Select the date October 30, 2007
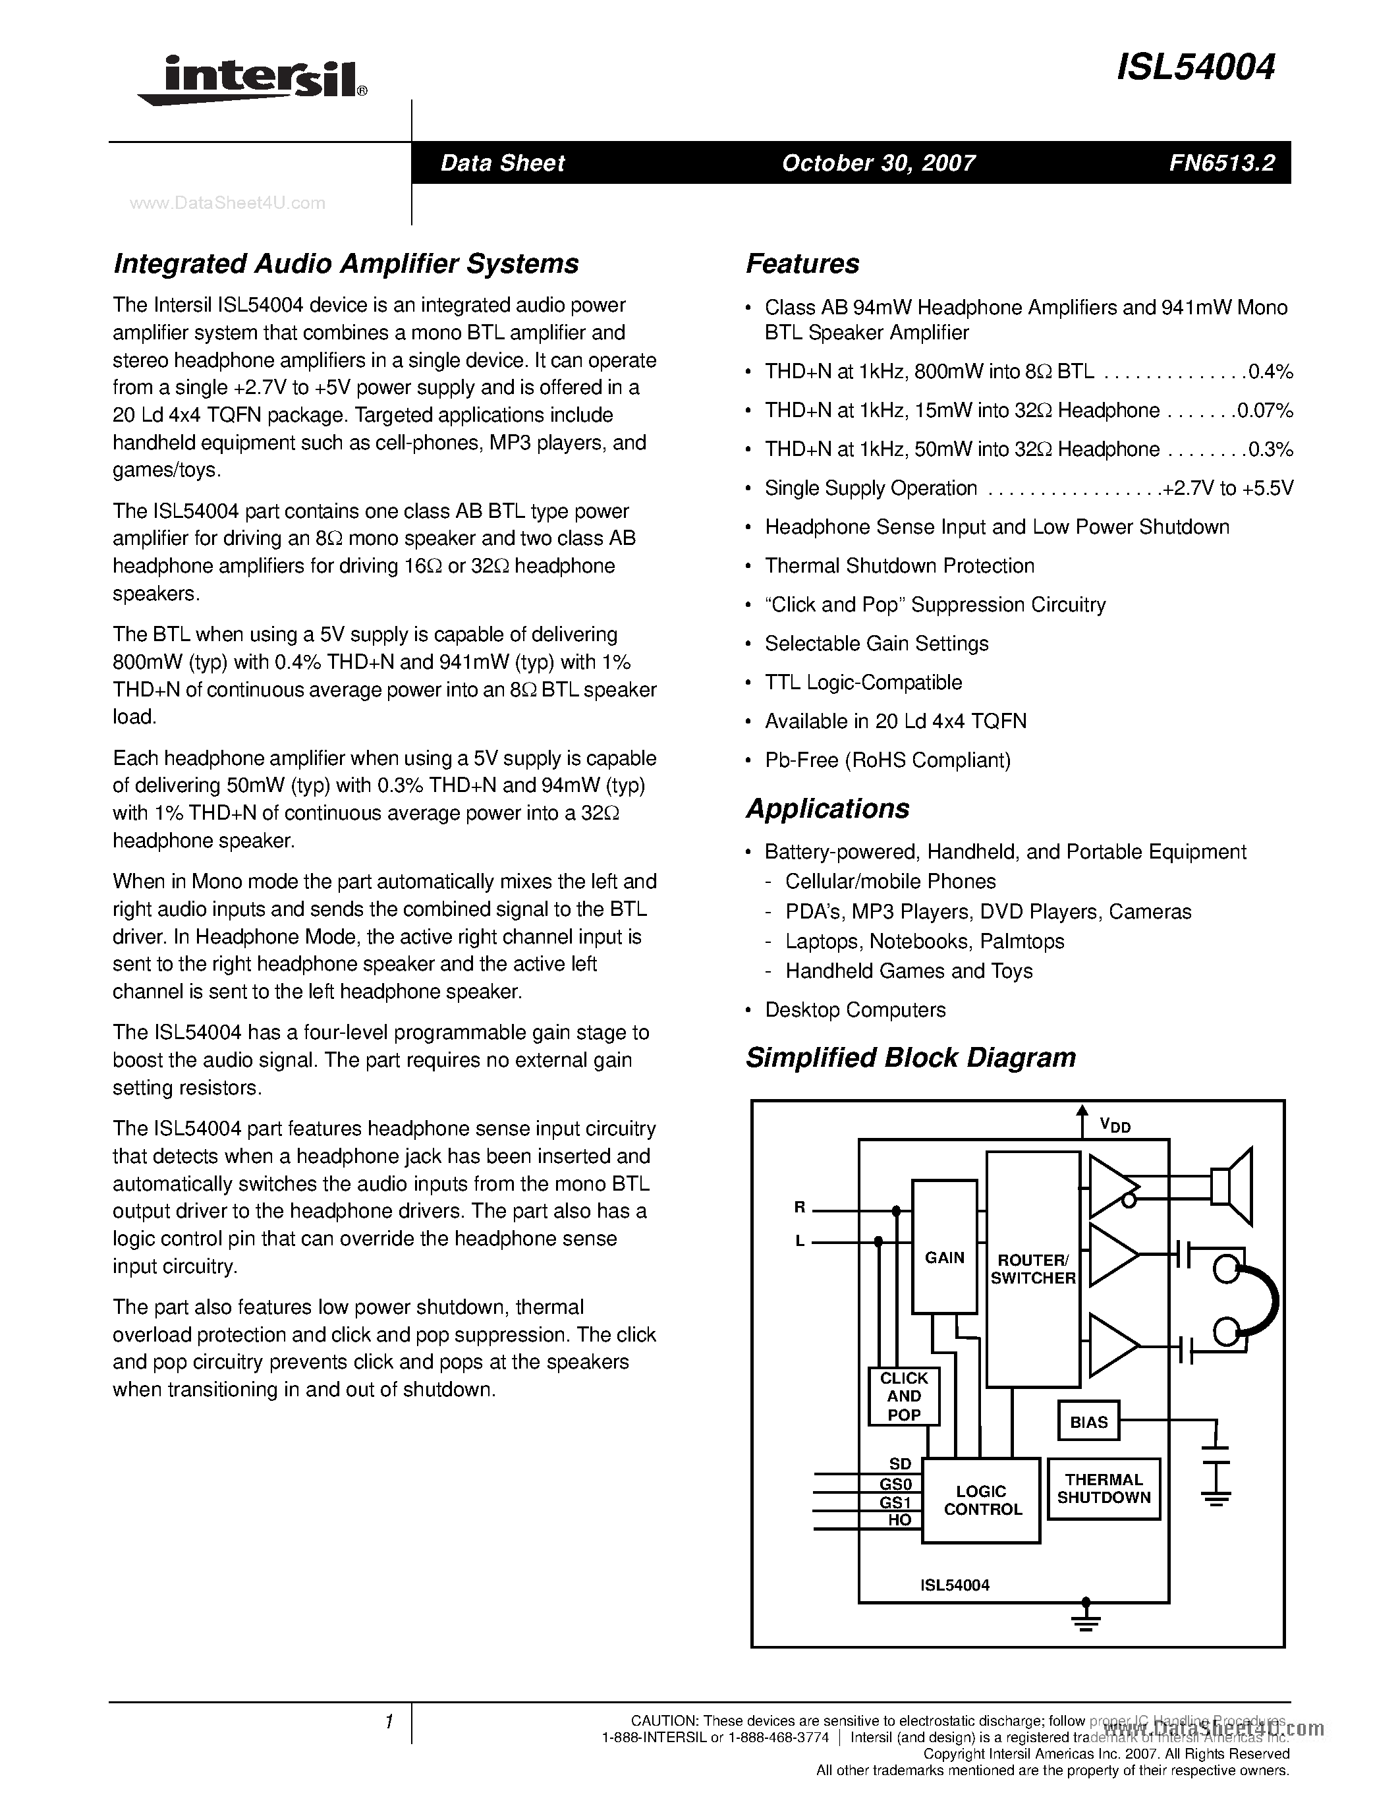point(878,163)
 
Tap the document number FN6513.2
point(1221,163)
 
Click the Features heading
point(802,264)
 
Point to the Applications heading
point(827,808)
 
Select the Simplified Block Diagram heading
point(910,1058)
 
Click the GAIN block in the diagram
point(944,1257)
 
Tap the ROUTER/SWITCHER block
point(1032,1270)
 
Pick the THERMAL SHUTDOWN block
point(1103,1488)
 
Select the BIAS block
point(1088,1422)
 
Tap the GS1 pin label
point(896,1502)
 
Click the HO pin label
point(900,1520)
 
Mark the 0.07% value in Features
point(1265,411)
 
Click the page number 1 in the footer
point(388,1722)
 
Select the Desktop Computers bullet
point(854,1009)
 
